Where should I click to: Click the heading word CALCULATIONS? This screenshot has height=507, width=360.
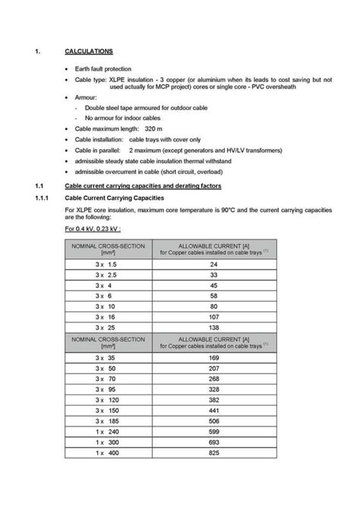point(89,51)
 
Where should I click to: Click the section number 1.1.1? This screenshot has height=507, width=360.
point(43,198)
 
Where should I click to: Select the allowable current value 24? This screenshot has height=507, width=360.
point(213,264)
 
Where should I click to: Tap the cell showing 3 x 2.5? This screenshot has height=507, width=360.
point(106,274)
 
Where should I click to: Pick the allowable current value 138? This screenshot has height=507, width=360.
point(213,326)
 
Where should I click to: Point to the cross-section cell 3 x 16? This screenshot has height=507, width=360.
point(106,316)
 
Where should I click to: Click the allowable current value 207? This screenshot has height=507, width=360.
point(213,367)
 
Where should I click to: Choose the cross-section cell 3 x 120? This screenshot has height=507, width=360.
point(106,399)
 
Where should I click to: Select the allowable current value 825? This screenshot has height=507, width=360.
point(213,452)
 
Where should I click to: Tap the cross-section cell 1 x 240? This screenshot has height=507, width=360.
point(106,430)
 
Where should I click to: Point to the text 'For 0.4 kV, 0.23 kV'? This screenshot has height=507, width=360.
point(93,228)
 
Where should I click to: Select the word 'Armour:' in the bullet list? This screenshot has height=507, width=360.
point(86,99)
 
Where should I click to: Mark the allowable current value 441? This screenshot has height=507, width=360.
point(213,410)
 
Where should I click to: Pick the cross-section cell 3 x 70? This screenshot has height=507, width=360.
point(106,378)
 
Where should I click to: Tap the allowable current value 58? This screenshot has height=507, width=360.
point(213,295)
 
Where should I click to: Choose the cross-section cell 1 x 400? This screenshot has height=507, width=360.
point(106,452)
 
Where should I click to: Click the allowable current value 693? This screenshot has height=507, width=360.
point(213,442)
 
